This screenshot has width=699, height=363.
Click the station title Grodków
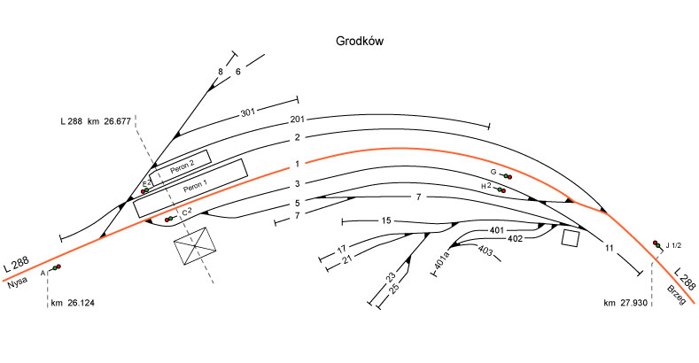click(359, 41)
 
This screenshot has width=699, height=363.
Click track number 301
click(247, 113)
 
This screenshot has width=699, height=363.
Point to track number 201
click(297, 121)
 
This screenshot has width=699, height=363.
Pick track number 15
click(385, 220)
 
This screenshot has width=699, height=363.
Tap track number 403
click(485, 251)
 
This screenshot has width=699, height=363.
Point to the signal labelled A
click(56, 267)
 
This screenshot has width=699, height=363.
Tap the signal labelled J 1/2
click(656, 244)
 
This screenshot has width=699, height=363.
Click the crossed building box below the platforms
click(197, 245)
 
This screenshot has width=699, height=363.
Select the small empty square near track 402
click(570, 238)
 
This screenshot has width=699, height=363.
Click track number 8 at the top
click(221, 71)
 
